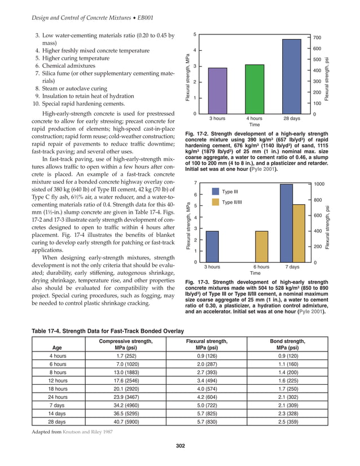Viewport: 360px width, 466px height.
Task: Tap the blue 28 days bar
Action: pos(291,76)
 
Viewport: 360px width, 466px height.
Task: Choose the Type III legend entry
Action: pos(230,192)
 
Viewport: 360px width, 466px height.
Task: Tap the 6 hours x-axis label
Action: pos(261,266)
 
